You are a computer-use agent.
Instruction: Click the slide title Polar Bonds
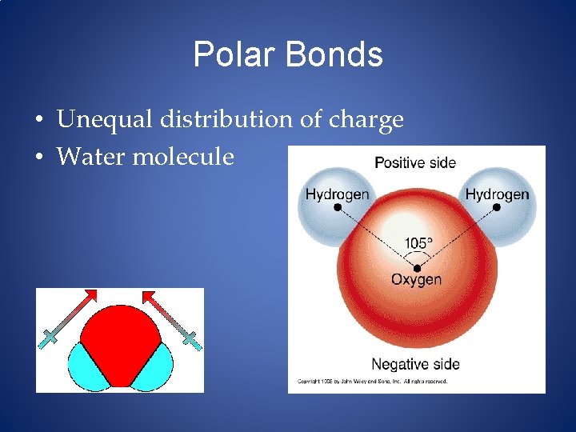click(x=288, y=55)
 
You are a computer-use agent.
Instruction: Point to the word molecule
click(x=183, y=156)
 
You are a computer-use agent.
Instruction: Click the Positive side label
click(x=415, y=163)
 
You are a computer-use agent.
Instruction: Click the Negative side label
click(x=415, y=364)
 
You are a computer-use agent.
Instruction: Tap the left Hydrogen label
click(x=337, y=194)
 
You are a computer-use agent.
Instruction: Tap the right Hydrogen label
click(x=497, y=194)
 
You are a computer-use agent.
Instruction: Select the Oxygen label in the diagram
click(x=416, y=279)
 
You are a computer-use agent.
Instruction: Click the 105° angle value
click(x=418, y=242)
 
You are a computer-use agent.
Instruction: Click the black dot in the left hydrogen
click(x=338, y=206)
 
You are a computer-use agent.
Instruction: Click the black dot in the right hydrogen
click(x=496, y=206)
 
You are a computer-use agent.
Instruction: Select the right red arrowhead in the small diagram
click(x=149, y=296)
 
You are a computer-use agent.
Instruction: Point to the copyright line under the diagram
click(x=373, y=382)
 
